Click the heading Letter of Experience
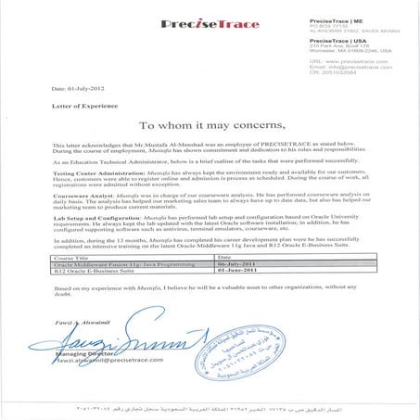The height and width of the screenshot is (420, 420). (68, 107)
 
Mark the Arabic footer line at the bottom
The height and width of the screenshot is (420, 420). (210, 405)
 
